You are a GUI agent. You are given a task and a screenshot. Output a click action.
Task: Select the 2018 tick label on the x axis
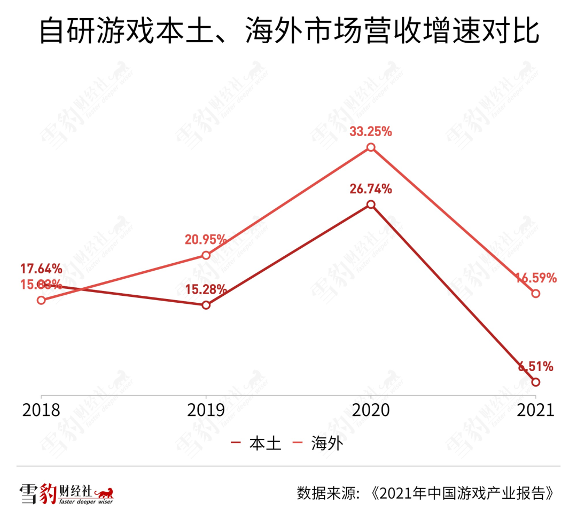coord(41,410)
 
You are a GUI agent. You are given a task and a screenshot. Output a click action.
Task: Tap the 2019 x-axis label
coord(206,410)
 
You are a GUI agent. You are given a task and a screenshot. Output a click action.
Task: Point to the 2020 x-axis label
coord(371,410)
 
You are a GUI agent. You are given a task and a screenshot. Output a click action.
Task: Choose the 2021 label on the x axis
coord(535,410)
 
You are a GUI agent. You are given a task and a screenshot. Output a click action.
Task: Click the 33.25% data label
coord(371,131)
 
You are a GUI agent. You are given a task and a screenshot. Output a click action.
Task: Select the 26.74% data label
coord(371,188)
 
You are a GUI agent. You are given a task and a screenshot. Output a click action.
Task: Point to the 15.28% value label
coord(206,289)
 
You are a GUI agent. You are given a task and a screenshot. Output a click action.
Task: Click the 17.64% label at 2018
coord(42,269)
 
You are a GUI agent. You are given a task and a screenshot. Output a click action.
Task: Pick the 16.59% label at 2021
coord(536,278)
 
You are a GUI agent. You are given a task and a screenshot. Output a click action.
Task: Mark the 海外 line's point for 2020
coord(371,147)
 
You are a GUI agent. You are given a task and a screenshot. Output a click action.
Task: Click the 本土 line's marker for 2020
coord(371,205)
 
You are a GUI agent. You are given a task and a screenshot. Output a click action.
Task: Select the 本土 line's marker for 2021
coord(536,382)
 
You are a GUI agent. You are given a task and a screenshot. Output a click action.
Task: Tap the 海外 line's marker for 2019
coord(206,255)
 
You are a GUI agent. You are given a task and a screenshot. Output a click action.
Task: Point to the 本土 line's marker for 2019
coord(206,305)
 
